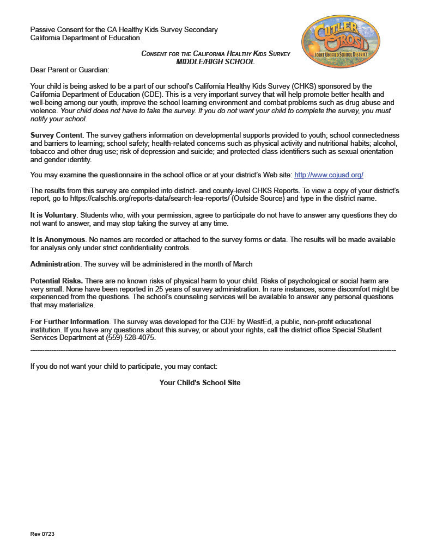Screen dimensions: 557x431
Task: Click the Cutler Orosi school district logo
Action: coord(341,41)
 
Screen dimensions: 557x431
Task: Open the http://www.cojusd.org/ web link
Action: coord(329,175)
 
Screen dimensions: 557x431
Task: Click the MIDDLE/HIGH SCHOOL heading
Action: coord(215,61)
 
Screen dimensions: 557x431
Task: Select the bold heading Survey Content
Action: coord(56,135)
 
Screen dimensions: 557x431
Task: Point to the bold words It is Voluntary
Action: coord(53,215)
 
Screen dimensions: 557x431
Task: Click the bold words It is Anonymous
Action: coord(57,240)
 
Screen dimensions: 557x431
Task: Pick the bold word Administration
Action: coord(55,264)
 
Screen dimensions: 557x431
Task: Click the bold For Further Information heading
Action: coord(70,322)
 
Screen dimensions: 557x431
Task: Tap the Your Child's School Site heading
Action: coord(199,383)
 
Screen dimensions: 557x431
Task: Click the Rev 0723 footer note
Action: coord(42,534)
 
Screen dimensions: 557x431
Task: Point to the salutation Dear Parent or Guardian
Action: coord(69,70)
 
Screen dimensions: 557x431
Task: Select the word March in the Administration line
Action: coord(242,264)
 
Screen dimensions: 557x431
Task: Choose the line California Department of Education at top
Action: coord(85,38)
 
